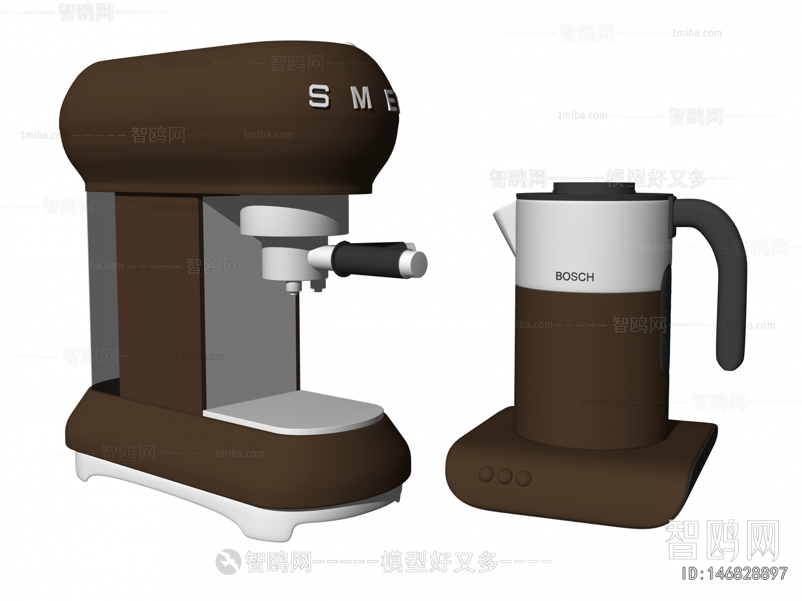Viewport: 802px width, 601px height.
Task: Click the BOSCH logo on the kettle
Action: point(574,276)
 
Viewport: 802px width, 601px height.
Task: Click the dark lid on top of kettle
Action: point(594,190)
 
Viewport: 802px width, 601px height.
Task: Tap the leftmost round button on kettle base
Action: point(486,474)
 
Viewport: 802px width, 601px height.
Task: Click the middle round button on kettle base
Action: point(505,476)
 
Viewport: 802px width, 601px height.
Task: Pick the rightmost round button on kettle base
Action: point(523,478)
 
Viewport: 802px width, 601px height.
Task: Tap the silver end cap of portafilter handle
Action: point(417,262)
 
